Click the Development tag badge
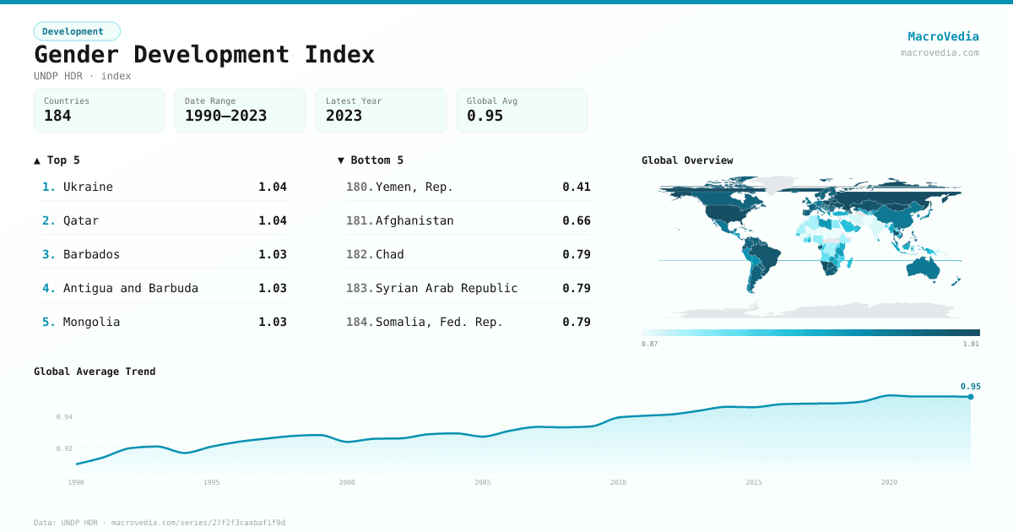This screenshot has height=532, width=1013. pyautogui.click(x=77, y=31)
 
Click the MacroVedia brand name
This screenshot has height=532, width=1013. pyautogui.click(x=943, y=36)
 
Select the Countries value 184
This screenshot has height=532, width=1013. pyautogui.click(x=57, y=116)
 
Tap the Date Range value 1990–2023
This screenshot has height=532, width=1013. pyautogui.click(x=225, y=116)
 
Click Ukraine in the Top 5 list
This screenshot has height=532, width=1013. pyautogui.click(x=88, y=187)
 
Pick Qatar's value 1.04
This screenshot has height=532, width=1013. pyautogui.click(x=273, y=220)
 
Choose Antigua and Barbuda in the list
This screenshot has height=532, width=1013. pyautogui.click(x=131, y=288)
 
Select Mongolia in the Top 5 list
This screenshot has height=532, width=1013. pyautogui.click(x=91, y=322)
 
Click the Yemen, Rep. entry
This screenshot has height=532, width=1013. pyautogui.click(x=414, y=187)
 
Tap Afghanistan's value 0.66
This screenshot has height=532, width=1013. pyautogui.click(x=577, y=220)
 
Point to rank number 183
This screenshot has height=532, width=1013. pyautogui.click(x=359, y=288)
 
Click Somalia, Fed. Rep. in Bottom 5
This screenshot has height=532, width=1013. pyautogui.click(x=439, y=322)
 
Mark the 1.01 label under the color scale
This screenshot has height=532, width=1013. pyautogui.click(x=971, y=344)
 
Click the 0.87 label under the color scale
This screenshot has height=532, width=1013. pyautogui.click(x=649, y=344)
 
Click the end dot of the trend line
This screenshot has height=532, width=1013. pyautogui.click(x=971, y=397)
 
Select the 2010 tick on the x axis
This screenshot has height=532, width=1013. pyautogui.click(x=618, y=482)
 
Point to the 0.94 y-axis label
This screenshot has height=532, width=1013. pyautogui.click(x=64, y=417)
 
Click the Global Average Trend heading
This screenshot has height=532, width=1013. pyautogui.click(x=95, y=372)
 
